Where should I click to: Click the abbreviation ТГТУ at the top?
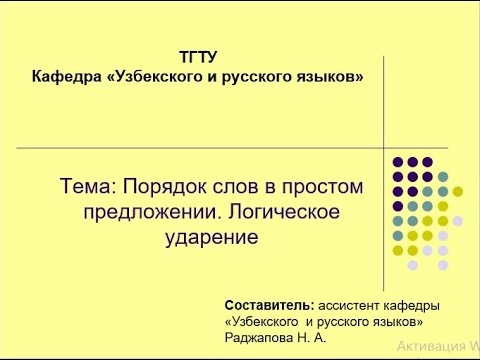point(197,57)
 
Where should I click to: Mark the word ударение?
point(215,238)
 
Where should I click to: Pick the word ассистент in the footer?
point(350,304)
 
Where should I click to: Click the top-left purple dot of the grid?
point(398,161)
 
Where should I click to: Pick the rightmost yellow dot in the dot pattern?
point(458,191)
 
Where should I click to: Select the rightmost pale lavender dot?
point(458,221)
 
